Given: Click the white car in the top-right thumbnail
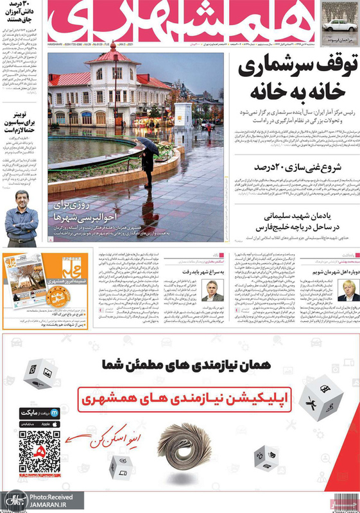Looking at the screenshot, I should [336, 25].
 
